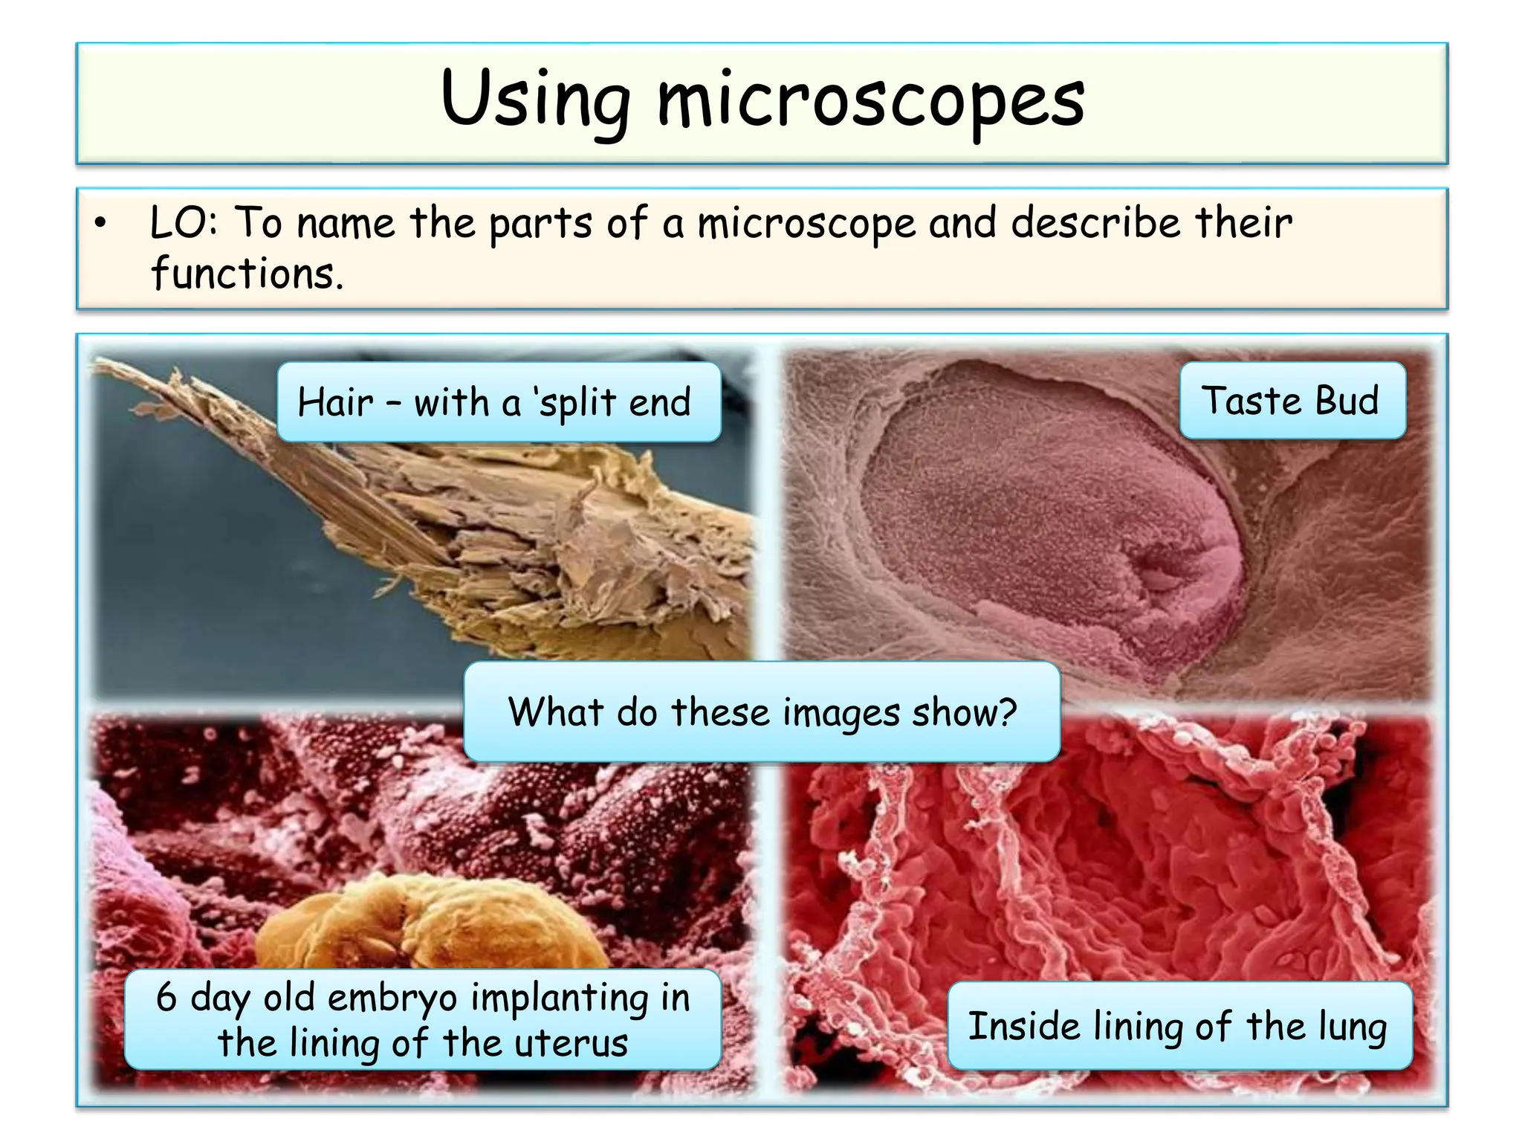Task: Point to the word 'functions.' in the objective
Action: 247,274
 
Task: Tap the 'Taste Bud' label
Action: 1292,401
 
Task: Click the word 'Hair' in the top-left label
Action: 334,402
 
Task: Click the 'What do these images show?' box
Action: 762,712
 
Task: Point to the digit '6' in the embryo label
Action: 166,997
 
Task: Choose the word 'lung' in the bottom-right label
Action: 1353,1027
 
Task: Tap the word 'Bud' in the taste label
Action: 1347,401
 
